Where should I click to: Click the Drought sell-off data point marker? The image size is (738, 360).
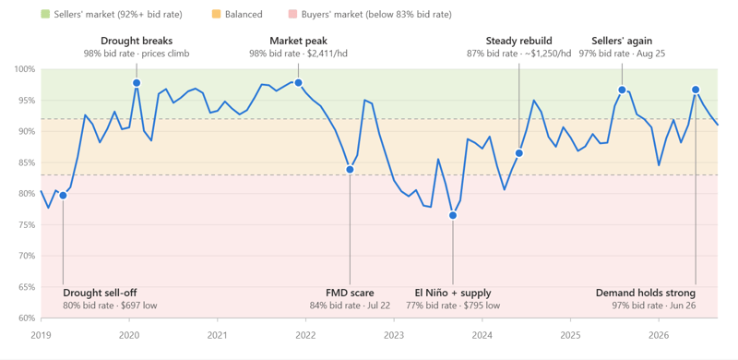(x=63, y=195)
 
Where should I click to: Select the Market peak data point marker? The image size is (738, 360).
(x=298, y=83)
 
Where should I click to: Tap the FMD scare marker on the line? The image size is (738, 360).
(x=350, y=169)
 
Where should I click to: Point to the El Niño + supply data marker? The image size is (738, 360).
(x=453, y=215)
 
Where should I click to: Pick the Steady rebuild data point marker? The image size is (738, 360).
(x=519, y=153)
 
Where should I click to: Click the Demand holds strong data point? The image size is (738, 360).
(x=696, y=90)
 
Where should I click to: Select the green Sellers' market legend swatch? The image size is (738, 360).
(x=45, y=15)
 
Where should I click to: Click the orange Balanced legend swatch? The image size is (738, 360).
(x=217, y=15)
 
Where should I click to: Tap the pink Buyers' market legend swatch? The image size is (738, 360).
(x=292, y=15)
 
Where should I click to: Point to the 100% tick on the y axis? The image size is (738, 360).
(x=26, y=69)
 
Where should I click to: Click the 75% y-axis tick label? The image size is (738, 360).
(x=28, y=224)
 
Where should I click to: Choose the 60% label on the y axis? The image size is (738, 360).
(x=28, y=318)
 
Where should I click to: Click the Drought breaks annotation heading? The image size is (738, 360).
(x=137, y=41)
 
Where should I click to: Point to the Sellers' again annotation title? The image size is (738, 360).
(x=622, y=41)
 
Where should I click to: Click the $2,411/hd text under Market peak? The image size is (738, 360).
(x=327, y=54)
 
